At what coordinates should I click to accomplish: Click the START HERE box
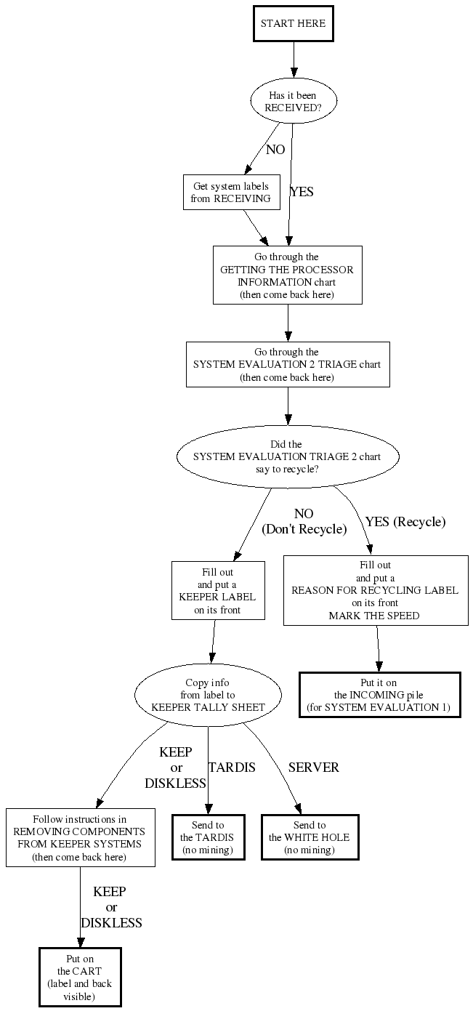[x=294, y=24]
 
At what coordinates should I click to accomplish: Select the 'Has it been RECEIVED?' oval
[x=293, y=101]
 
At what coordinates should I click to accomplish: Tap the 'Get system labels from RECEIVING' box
[x=231, y=193]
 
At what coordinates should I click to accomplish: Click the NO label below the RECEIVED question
[x=275, y=150]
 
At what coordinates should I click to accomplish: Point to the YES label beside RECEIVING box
[x=302, y=192]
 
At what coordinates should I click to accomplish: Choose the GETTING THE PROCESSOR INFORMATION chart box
[x=287, y=275]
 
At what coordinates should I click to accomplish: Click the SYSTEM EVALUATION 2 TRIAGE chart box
[x=287, y=364]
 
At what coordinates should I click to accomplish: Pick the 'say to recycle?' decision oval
[x=288, y=456]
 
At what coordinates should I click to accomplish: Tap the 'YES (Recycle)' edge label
[x=405, y=522]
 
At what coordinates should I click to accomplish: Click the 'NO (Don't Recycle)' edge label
[x=304, y=522]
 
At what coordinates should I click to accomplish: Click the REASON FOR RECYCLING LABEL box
[x=375, y=589]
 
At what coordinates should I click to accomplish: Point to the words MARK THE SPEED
[x=374, y=615]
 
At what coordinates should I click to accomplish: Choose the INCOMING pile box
[x=379, y=695]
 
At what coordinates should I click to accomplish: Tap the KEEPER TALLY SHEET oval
[x=208, y=695]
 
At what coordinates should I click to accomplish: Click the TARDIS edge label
[x=232, y=768]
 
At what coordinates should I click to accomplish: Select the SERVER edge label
[x=313, y=768]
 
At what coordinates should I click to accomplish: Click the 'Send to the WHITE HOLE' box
[x=310, y=837]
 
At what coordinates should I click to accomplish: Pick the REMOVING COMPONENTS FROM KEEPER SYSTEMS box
[x=80, y=837]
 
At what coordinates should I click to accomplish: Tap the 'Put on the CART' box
[x=80, y=977]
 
